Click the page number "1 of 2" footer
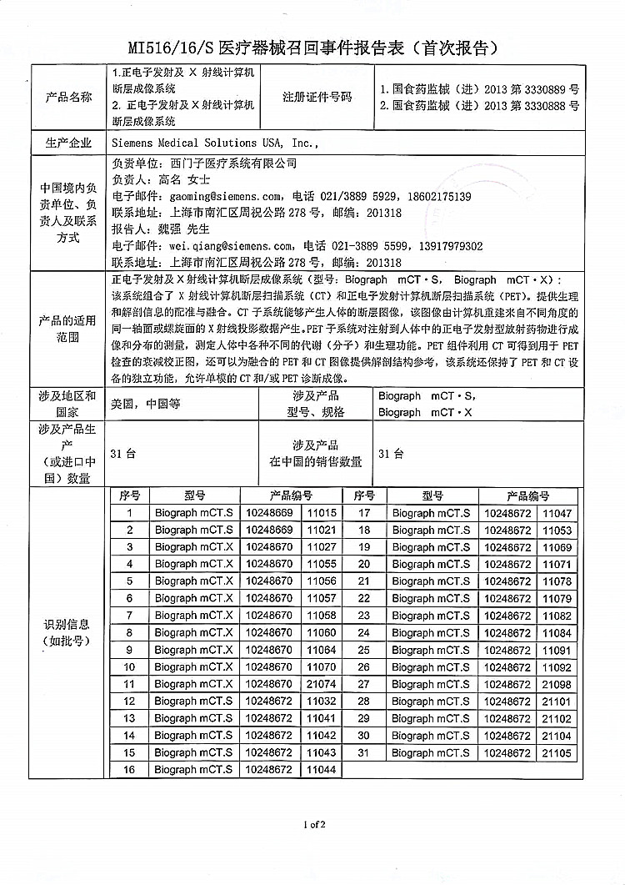point(314,825)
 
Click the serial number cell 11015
point(321,513)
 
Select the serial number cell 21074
point(321,684)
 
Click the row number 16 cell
point(129,769)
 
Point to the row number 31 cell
point(364,752)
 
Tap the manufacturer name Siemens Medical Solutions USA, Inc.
point(214,143)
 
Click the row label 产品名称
point(69,97)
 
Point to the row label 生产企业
point(69,143)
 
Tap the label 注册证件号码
point(317,97)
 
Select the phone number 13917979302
point(447,246)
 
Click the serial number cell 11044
point(321,769)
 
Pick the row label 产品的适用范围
point(69,329)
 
